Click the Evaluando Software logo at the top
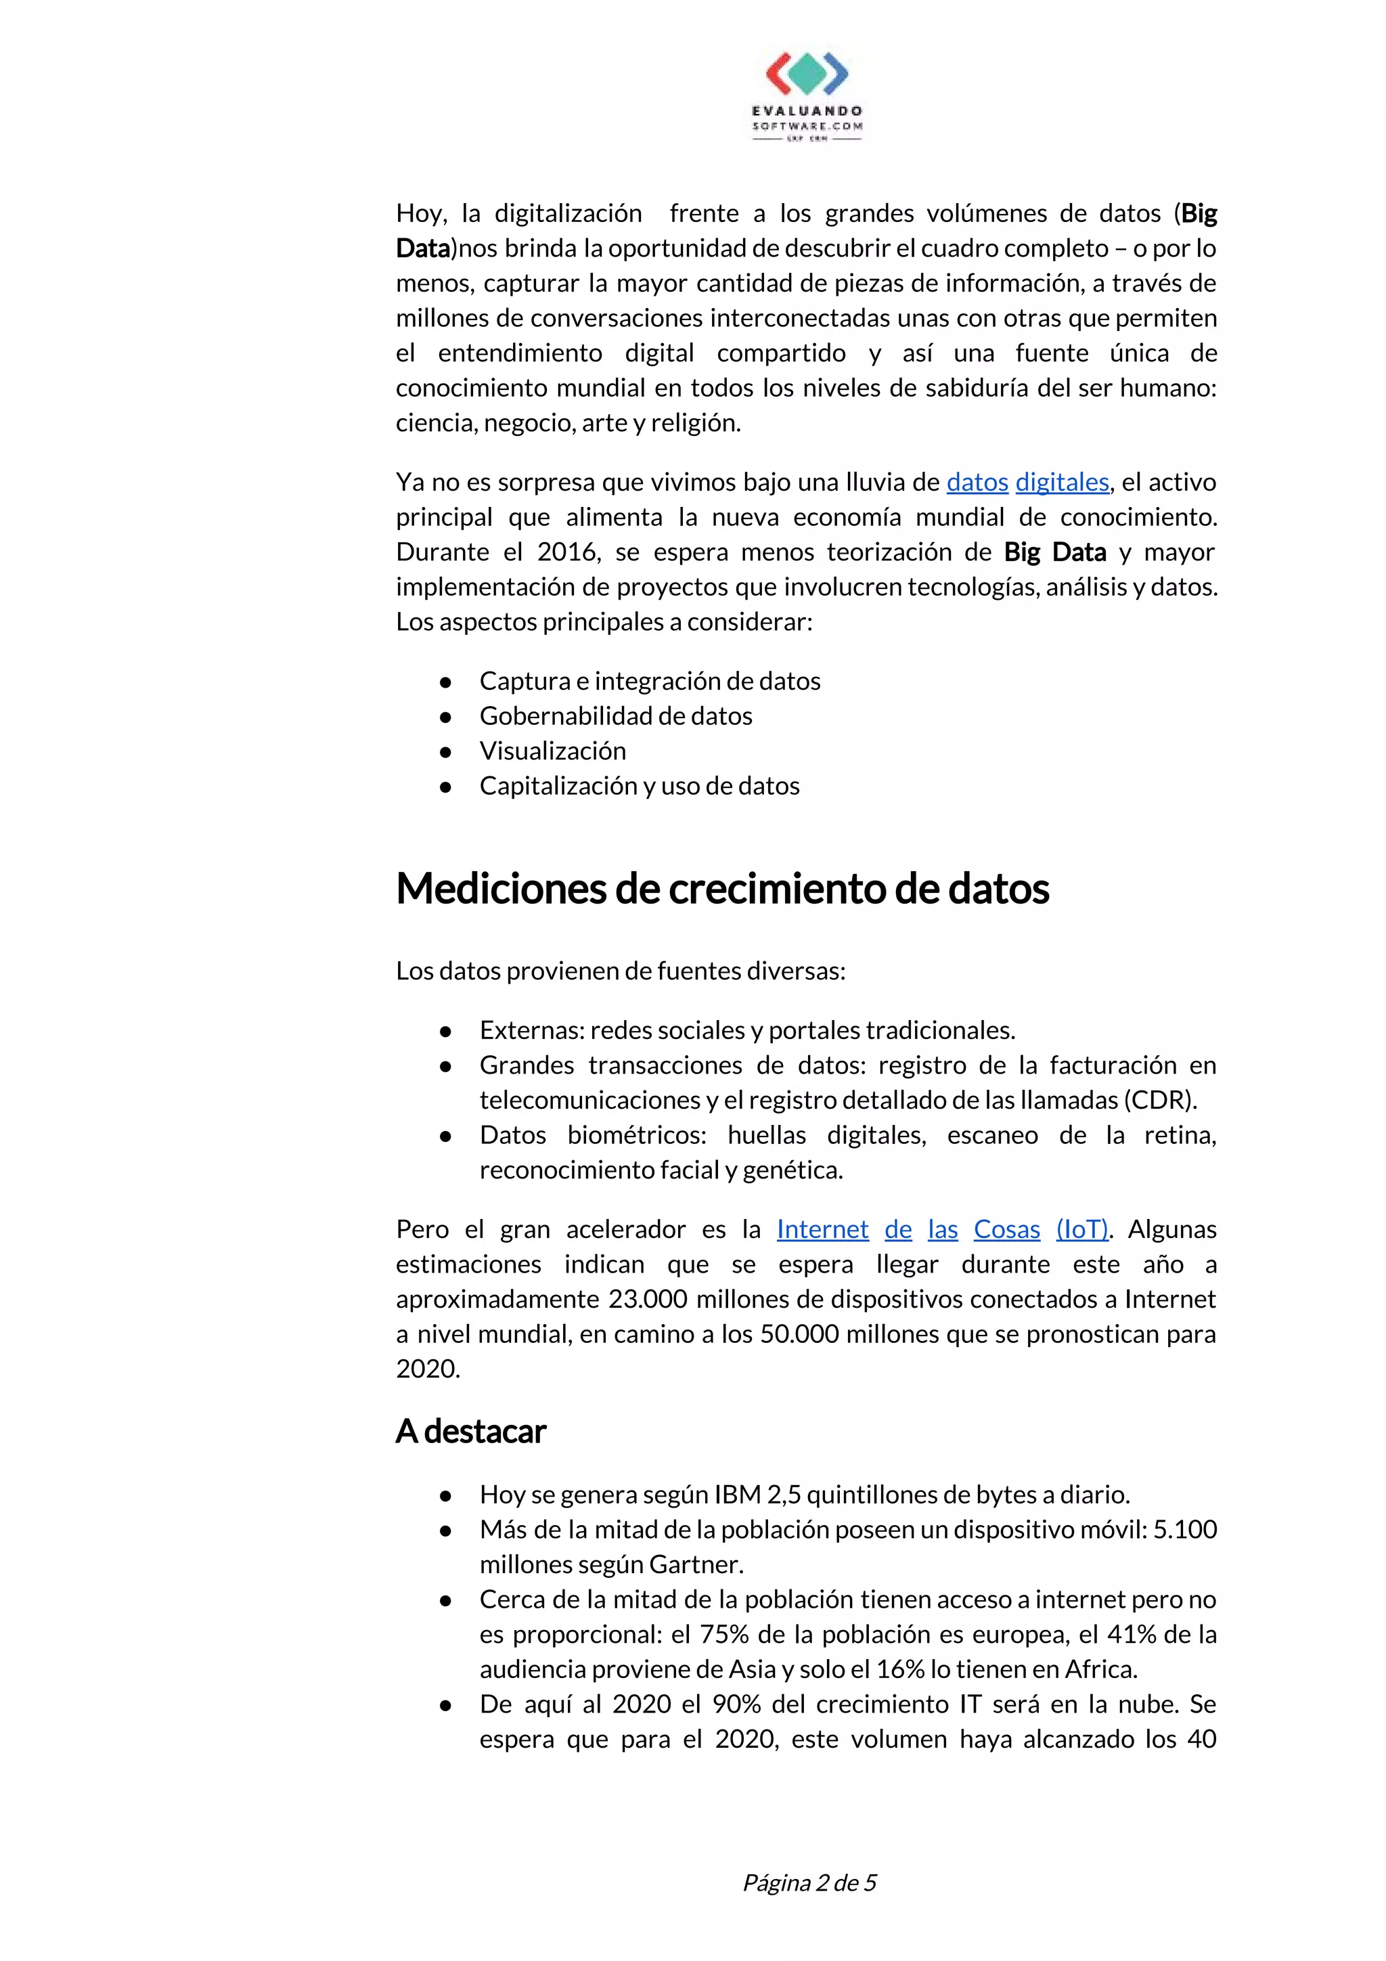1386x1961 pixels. coord(807,95)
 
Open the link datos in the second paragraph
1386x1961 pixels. coord(977,482)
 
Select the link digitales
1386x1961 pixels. coord(1061,482)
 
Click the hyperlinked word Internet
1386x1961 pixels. coord(822,1229)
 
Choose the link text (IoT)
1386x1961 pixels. coord(1082,1229)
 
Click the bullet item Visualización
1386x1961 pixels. coord(552,751)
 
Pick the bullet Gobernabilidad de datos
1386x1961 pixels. coord(616,715)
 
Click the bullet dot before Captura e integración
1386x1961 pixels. coord(445,682)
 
